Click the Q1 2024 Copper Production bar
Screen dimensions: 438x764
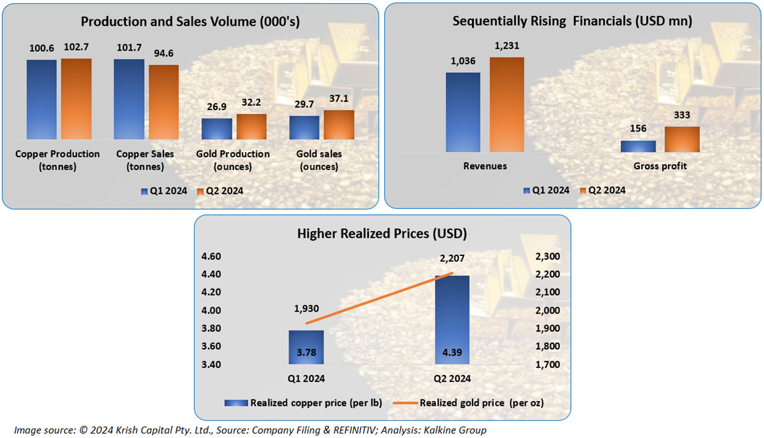(x=42, y=99)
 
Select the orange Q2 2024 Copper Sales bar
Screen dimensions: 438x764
(x=164, y=101)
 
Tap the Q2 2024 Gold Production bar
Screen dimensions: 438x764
(x=252, y=126)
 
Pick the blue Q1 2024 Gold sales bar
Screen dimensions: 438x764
(x=304, y=127)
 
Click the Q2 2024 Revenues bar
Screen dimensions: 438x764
(x=507, y=104)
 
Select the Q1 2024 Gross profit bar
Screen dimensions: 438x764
(x=638, y=146)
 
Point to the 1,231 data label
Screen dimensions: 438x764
(x=507, y=45)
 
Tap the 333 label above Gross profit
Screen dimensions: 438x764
(x=682, y=115)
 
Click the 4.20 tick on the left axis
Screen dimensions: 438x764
(x=211, y=292)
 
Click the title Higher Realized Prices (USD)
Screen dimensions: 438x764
(x=382, y=233)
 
